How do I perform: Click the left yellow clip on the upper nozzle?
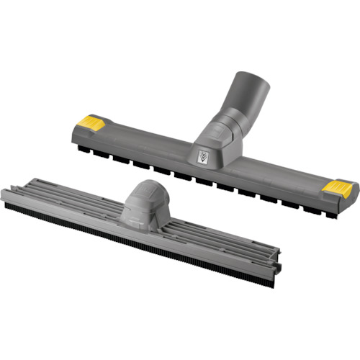click(89, 122)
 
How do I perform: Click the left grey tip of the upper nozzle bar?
click(74, 130)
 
